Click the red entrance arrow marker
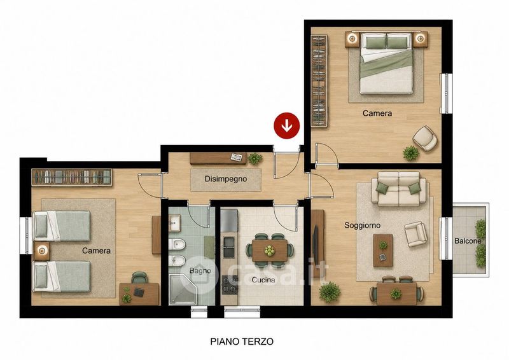(287, 126)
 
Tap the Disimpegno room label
(226, 179)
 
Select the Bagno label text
(200, 271)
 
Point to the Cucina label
(263, 280)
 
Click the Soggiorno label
(362, 225)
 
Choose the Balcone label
(468, 241)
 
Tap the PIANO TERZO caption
(242, 342)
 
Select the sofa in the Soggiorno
(402, 190)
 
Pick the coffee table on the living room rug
(383, 250)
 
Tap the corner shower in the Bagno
(183, 289)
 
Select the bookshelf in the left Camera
(72, 177)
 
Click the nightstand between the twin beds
(41, 251)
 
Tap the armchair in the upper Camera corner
(425, 138)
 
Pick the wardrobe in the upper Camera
(319, 81)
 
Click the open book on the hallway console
(236, 157)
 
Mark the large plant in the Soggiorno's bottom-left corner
(330, 292)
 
